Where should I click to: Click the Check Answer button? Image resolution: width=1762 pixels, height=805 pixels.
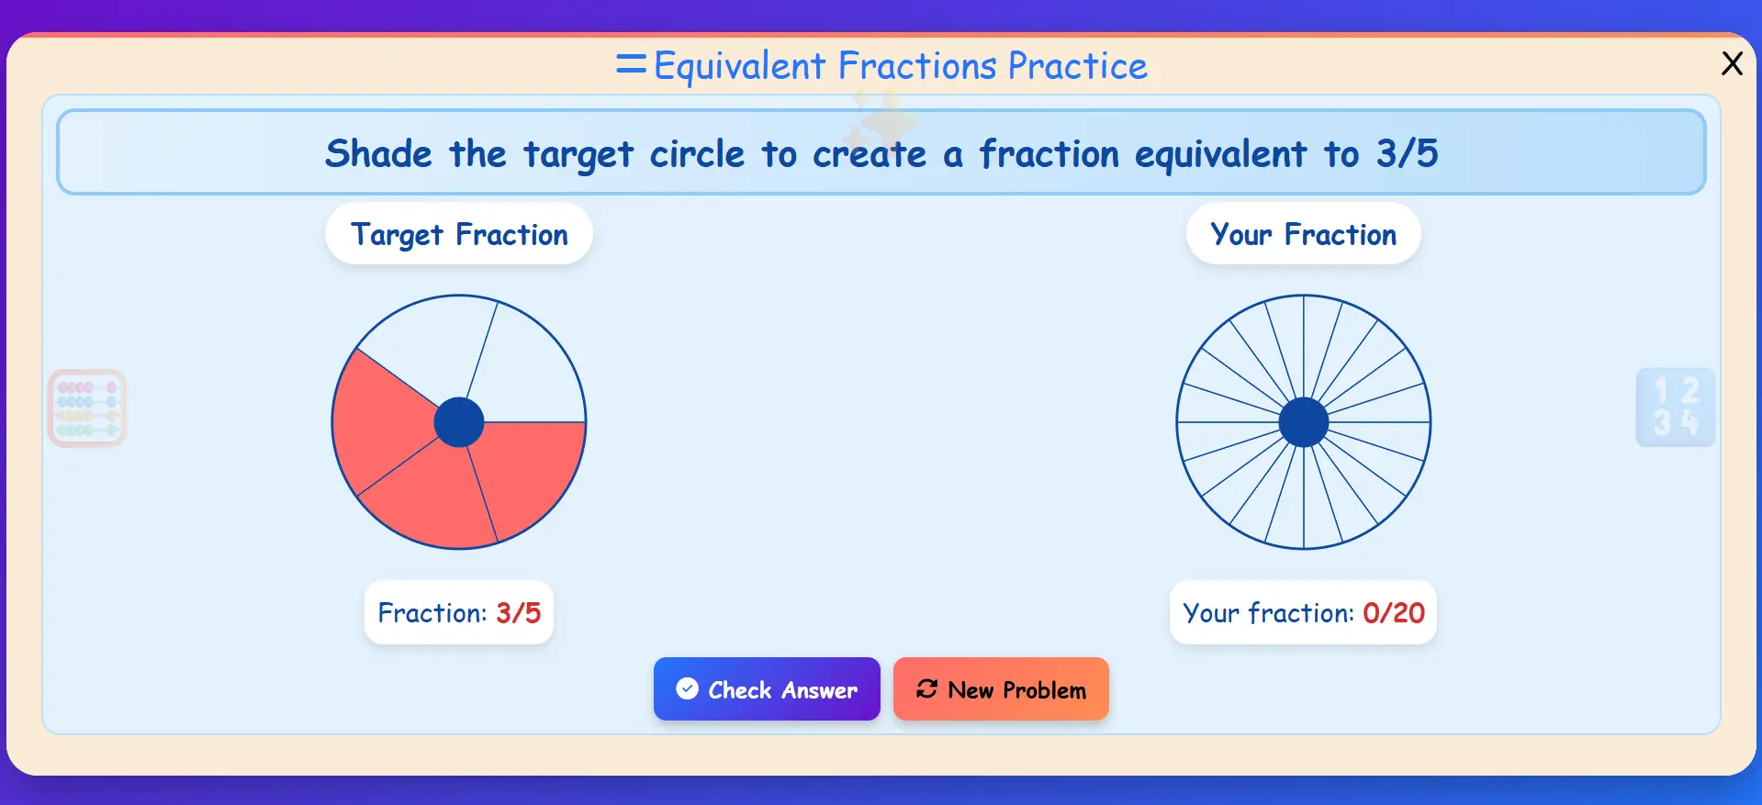tap(766, 689)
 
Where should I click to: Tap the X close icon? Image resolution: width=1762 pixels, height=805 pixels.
tap(1732, 63)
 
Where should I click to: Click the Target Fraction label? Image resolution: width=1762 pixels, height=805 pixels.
tap(459, 235)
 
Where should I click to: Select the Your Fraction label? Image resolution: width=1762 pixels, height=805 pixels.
tap(1303, 235)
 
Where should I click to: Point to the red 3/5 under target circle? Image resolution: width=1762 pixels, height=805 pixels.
tap(519, 613)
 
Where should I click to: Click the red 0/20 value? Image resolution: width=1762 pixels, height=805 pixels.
tap(1393, 613)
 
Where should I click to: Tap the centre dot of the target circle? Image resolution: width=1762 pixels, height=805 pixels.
tap(459, 422)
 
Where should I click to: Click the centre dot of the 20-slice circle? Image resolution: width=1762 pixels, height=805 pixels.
tap(1303, 422)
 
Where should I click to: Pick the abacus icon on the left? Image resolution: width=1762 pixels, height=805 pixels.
tap(87, 408)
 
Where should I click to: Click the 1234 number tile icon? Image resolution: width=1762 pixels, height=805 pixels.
tap(1675, 408)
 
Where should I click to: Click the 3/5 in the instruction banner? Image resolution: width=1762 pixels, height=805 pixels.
tap(1407, 153)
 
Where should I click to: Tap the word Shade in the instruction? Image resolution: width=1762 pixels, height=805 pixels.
tap(378, 153)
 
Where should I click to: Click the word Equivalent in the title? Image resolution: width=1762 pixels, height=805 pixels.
tap(739, 66)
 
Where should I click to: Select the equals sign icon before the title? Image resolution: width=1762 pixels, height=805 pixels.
tap(631, 64)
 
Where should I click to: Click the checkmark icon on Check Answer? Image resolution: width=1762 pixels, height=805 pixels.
tap(687, 688)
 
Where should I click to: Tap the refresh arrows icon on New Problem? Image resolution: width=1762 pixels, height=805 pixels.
tap(926, 688)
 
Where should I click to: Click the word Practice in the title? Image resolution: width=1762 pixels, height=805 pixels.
tap(1077, 66)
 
